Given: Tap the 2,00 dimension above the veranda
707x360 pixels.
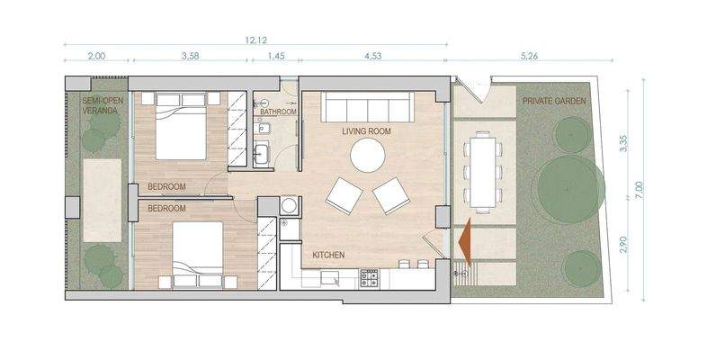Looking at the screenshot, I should (x=96, y=56).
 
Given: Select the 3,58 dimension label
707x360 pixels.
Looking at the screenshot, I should (x=190, y=56).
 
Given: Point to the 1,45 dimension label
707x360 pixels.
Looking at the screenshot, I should (x=274, y=56).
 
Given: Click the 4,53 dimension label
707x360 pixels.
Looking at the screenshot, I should (x=373, y=56).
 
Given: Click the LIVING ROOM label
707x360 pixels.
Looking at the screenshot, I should (x=366, y=131).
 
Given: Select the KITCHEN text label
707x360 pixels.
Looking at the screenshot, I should (x=328, y=256).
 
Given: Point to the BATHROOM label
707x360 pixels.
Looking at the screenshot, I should (x=279, y=112).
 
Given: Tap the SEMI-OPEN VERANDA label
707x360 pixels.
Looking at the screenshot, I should (x=102, y=106).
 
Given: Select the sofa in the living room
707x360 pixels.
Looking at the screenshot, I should (x=367, y=107).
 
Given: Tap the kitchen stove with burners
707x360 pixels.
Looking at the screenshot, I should (x=369, y=278).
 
